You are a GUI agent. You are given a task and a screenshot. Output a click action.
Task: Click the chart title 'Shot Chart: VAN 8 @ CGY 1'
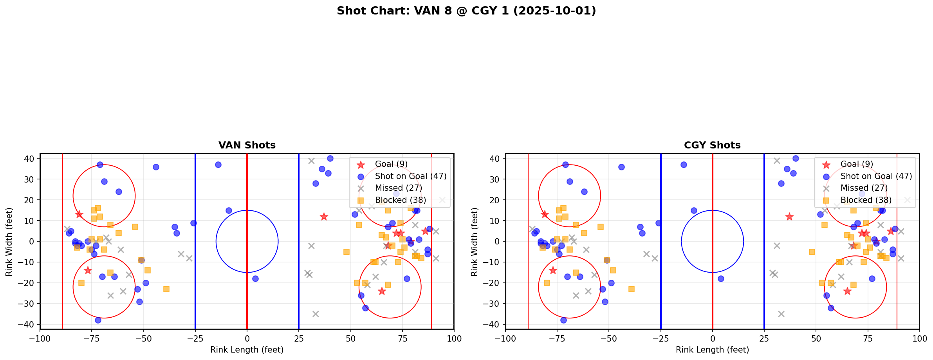click(x=466, y=11)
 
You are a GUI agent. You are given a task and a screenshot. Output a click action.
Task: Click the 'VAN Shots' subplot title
click(x=247, y=145)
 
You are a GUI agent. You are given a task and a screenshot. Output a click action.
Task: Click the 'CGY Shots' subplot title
click(x=712, y=145)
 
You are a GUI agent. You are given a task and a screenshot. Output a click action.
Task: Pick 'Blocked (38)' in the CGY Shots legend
click(x=866, y=200)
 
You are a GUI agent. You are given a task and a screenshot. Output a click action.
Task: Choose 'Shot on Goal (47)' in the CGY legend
click(x=876, y=176)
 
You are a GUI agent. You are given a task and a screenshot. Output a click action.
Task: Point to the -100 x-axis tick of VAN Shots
click(x=40, y=338)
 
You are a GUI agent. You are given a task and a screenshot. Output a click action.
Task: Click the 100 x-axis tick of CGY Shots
click(x=919, y=338)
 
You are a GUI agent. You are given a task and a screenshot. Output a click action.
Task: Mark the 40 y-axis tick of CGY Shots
click(x=495, y=159)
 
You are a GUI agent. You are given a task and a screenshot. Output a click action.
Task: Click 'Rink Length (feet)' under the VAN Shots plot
click(x=247, y=350)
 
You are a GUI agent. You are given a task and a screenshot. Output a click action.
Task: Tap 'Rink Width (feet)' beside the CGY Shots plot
click(x=475, y=242)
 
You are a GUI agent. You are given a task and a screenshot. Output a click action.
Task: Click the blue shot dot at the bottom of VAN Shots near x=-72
click(x=98, y=320)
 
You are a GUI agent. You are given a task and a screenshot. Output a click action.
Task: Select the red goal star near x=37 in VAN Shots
click(x=324, y=217)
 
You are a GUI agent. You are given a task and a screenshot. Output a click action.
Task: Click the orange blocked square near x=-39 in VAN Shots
click(x=166, y=289)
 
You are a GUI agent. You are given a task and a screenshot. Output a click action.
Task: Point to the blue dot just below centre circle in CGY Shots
click(x=721, y=279)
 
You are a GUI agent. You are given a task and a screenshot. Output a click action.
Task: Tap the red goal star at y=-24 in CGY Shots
click(x=847, y=291)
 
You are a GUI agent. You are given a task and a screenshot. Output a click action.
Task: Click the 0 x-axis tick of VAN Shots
click(x=247, y=338)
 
